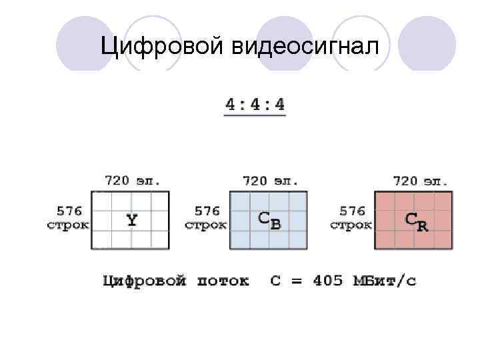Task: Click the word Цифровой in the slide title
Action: (x=161, y=47)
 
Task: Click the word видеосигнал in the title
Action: (x=304, y=47)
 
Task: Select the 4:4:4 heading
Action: (x=255, y=104)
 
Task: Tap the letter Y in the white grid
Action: (x=132, y=220)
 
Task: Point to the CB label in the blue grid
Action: (x=269, y=221)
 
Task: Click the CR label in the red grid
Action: (x=417, y=221)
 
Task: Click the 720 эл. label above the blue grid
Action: (x=269, y=181)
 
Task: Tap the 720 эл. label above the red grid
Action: (x=421, y=181)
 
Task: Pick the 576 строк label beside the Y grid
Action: (x=69, y=218)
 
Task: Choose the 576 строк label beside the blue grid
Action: (x=206, y=218)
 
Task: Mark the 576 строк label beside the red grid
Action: (x=351, y=218)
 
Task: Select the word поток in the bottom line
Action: (x=223, y=281)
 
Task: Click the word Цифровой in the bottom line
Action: (x=144, y=281)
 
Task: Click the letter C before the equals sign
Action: (x=275, y=281)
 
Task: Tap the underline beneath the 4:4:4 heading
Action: (x=255, y=116)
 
